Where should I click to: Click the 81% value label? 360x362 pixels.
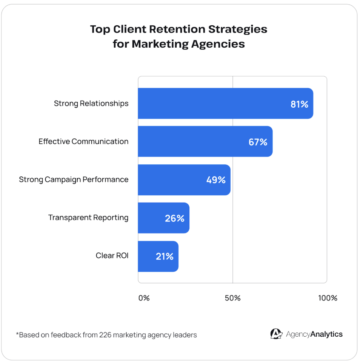point(299,104)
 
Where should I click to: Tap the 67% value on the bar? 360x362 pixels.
point(258,142)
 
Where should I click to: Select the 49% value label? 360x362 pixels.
point(216,180)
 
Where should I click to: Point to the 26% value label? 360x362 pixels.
point(174,218)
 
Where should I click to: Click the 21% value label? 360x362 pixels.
point(165,256)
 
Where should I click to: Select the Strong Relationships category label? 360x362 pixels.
point(91,104)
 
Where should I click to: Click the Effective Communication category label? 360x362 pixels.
point(83,141)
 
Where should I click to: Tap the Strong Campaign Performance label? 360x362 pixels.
point(74,179)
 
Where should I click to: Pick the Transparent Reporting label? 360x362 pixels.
point(88,218)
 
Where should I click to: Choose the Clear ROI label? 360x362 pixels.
point(112,255)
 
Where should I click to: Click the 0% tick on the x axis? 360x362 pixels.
point(144,298)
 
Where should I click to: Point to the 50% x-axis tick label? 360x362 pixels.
point(232,298)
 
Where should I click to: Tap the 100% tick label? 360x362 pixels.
point(328,298)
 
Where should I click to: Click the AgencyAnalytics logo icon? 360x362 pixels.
point(276,334)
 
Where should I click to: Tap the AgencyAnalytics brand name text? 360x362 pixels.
point(314,334)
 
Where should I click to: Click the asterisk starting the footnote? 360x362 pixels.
point(17,334)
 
